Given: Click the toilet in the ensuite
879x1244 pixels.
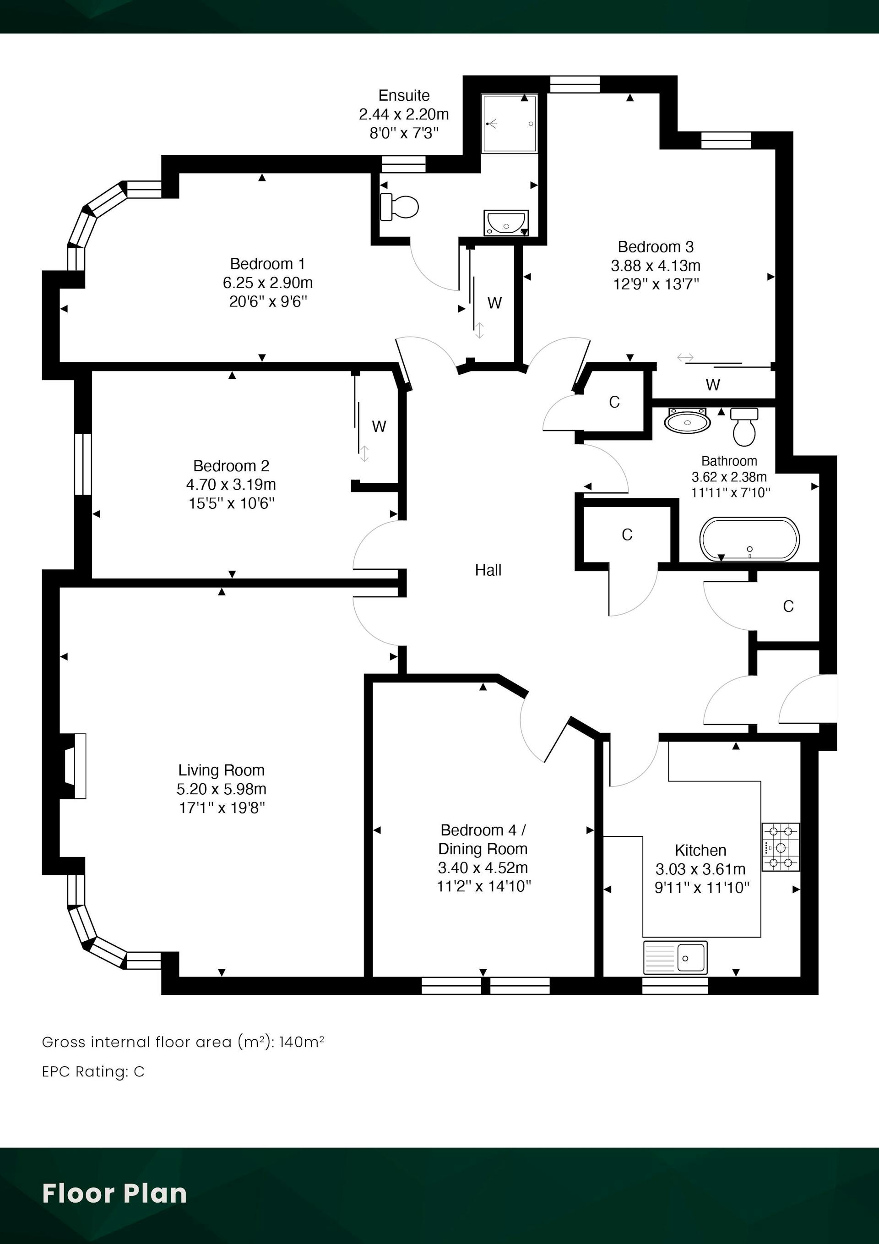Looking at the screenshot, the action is click(399, 207).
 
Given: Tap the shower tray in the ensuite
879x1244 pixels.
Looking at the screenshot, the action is click(510, 124).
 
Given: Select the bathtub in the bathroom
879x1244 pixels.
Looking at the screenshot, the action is click(749, 539).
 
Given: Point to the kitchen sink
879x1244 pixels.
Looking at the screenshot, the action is click(675, 957).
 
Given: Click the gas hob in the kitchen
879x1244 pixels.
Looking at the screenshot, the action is click(781, 847).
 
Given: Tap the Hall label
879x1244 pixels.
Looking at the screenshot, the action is click(488, 570).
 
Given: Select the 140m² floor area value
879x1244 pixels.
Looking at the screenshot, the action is click(302, 1042).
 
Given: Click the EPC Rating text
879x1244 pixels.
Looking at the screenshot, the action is click(93, 1072).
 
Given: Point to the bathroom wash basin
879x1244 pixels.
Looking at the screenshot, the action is click(687, 420).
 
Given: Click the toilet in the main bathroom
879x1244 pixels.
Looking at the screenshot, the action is click(744, 427).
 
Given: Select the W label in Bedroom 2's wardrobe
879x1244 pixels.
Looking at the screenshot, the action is click(379, 426).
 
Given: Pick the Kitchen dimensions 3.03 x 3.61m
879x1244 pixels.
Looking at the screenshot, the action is click(700, 869).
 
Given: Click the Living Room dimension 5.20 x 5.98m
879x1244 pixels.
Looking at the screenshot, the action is click(222, 789).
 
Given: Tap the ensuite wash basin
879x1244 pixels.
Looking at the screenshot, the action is click(506, 223).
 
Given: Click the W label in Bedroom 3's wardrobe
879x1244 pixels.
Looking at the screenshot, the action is click(713, 385).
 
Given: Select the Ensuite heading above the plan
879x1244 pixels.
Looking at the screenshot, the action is click(404, 95).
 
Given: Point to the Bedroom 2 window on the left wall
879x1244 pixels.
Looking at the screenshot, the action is click(83, 464).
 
